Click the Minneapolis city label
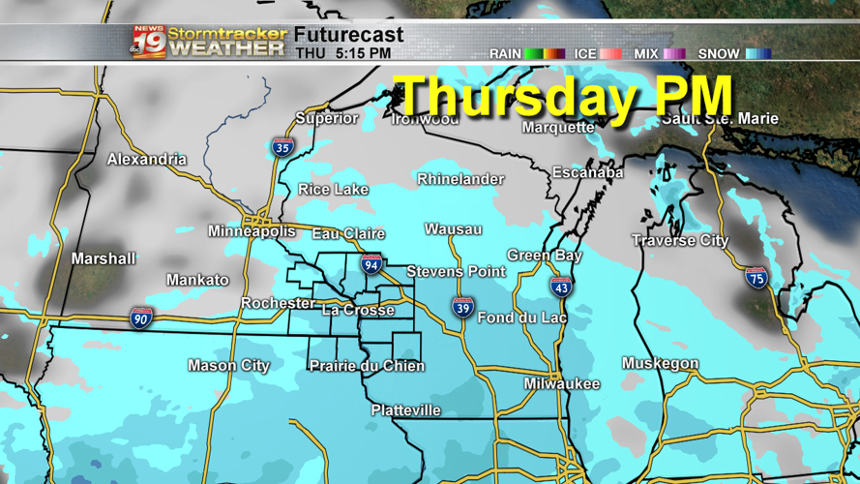coord(252,231)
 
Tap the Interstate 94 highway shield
coord(371,263)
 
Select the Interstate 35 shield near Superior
coord(282,147)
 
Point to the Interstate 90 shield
coord(141,318)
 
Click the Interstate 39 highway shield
coord(463,308)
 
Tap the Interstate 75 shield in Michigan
coord(756,279)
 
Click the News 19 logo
coord(149,42)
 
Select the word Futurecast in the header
coord(349,35)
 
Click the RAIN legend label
coord(505,54)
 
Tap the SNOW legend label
coord(719,54)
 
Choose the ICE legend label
coord(585,54)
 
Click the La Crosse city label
coord(358,310)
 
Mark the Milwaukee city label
coord(562,384)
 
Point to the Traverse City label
coord(680,240)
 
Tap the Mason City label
coord(228,366)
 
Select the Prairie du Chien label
coord(367,366)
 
